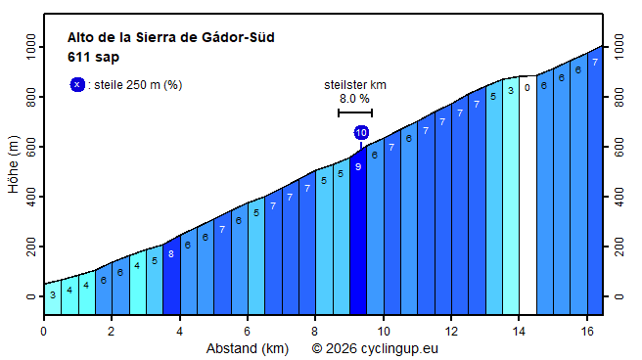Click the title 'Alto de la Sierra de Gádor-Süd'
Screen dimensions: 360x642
click(170, 38)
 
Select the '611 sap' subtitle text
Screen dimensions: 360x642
click(93, 57)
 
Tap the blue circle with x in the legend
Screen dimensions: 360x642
click(77, 84)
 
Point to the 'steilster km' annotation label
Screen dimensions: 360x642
click(354, 85)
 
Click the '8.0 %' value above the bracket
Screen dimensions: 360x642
click(354, 99)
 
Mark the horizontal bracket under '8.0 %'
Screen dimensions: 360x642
click(354, 113)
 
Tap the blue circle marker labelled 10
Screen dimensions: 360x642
click(361, 132)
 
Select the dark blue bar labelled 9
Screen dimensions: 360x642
click(358, 235)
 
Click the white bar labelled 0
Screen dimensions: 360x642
click(527, 196)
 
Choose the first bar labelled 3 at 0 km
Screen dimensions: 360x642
click(52, 298)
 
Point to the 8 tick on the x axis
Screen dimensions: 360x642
click(315, 332)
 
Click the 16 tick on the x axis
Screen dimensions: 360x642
click(587, 332)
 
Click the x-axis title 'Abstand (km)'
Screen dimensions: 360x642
click(246, 348)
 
